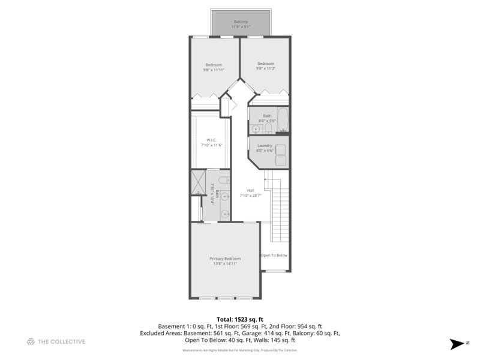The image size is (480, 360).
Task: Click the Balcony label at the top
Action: click(241, 22)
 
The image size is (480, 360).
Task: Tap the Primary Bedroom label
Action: click(225, 259)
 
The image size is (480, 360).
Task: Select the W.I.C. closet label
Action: click(211, 142)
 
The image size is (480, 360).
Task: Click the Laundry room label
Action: click(265, 145)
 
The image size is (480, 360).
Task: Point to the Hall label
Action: click(250, 190)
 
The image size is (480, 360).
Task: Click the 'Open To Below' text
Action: click(274, 256)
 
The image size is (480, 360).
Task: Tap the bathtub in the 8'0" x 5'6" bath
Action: click(284, 120)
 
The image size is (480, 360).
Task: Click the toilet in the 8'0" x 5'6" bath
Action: click(268, 128)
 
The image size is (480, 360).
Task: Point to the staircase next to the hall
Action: click(278, 210)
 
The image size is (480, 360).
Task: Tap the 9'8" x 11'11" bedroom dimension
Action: click(214, 70)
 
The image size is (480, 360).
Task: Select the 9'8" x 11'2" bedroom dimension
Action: click(266, 68)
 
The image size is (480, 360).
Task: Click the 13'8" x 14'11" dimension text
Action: click(225, 263)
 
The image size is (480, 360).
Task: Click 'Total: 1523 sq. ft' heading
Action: click(240, 319)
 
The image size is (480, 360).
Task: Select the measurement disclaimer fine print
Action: click(240, 350)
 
